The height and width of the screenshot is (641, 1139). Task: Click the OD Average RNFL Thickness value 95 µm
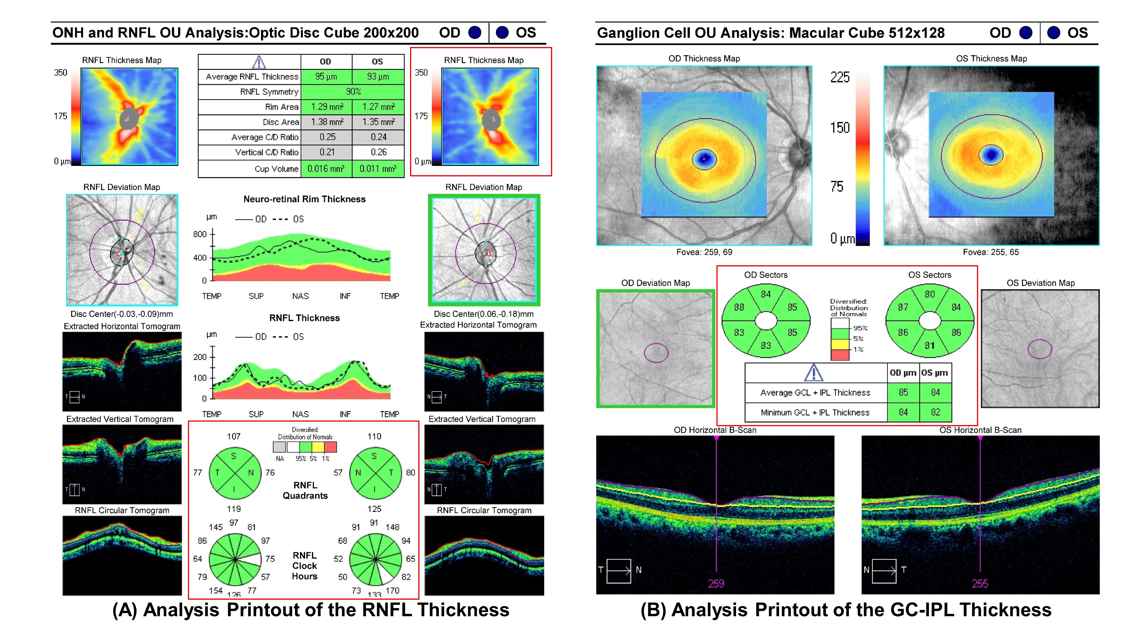(326, 77)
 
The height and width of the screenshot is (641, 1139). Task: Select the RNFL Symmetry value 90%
(353, 91)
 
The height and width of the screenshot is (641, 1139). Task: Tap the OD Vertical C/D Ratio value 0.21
(327, 152)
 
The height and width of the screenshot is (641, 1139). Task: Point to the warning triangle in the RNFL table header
(259, 62)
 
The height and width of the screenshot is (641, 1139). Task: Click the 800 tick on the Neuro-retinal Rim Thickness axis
(200, 234)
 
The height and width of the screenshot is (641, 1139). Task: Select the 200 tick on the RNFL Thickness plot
(200, 357)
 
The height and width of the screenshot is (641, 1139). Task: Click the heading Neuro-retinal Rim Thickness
(305, 199)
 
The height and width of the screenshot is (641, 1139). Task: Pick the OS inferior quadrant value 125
(374, 509)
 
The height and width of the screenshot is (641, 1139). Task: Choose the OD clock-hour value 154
(216, 591)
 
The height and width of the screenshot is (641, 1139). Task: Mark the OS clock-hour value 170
(392, 591)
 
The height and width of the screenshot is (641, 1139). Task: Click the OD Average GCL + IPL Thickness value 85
(903, 392)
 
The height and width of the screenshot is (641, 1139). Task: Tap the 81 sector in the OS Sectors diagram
(930, 346)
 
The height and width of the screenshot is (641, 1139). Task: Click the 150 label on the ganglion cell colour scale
(840, 128)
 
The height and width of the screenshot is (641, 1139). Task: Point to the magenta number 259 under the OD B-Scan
(716, 583)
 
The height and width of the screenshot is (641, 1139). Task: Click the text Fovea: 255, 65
(991, 252)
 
